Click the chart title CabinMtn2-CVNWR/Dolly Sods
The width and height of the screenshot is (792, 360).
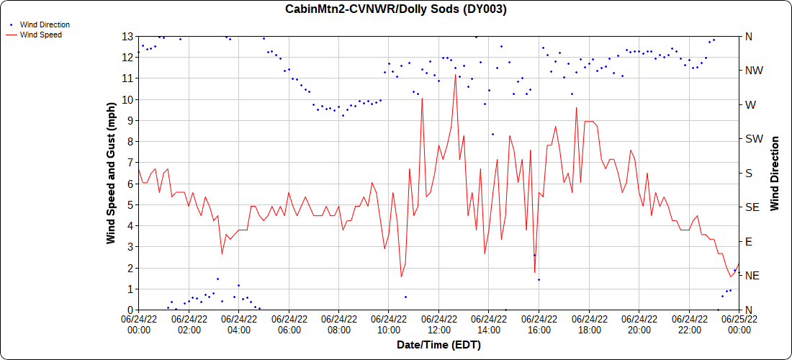[x=397, y=9]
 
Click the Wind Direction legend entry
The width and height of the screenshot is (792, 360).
[x=45, y=24]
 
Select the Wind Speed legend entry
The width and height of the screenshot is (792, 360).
[x=40, y=34]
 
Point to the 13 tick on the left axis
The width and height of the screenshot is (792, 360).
[x=126, y=36]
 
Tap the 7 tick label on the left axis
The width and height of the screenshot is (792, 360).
[x=128, y=163]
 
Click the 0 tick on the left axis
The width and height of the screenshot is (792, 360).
[x=128, y=310]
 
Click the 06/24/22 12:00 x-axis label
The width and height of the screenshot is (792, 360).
[x=439, y=325]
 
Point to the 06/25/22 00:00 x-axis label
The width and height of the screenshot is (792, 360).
[x=739, y=325]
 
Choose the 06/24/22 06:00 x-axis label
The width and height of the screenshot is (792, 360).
[x=289, y=325]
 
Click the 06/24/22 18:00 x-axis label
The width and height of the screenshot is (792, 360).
[x=589, y=325]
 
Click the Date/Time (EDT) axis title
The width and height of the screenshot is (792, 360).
[x=438, y=345]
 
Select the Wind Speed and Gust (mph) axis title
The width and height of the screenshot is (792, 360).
[x=111, y=173]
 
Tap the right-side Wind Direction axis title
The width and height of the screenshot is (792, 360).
[x=775, y=173]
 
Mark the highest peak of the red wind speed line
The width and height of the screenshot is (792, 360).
[x=456, y=74]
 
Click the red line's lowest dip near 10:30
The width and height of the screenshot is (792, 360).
[x=401, y=276]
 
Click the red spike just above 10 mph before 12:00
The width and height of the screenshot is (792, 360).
[x=422, y=97]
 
